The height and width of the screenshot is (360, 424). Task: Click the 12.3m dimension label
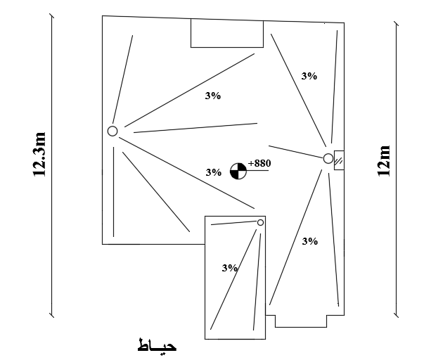[39, 153]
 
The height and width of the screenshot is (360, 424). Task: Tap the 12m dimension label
[384, 161]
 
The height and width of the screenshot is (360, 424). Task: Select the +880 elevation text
[259, 163]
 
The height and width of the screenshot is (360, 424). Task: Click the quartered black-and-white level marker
[238, 170]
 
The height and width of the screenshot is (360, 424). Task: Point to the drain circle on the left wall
[113, 131]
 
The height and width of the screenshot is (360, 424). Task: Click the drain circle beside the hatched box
[328, 159]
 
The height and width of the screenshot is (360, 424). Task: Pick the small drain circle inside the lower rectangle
[260, 222]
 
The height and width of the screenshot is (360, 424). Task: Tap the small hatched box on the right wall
[338, 161]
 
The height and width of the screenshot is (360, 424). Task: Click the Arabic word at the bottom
[158, 347]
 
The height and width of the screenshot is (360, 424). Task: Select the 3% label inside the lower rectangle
[229, 268]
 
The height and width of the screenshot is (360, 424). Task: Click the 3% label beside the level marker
[213, 172]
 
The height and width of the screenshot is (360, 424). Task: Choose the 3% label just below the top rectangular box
[213, 96]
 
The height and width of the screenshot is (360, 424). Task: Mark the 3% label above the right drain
[309, 75]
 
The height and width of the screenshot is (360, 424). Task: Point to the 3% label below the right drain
[309, 241]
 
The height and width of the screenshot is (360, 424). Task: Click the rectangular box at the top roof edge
[227, 34]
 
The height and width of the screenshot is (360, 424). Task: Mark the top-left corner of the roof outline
[103, 16]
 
